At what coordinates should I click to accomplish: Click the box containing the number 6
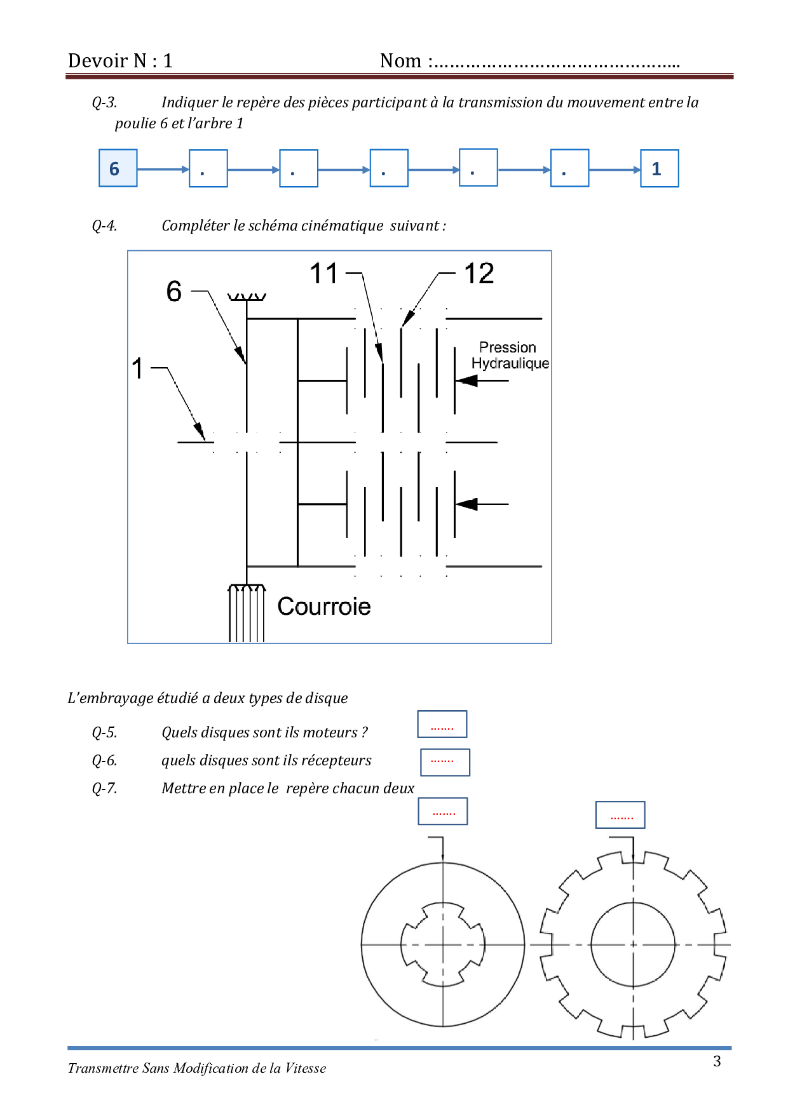click(118, 168)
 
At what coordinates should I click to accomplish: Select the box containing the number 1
click(659, 168)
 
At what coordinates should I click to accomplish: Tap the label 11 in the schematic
click(323, 274)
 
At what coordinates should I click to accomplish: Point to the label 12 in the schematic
click(479, 274)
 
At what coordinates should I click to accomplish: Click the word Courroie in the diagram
click(324, 607)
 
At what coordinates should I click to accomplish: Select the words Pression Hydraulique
click(510, 356)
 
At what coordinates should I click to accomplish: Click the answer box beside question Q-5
click(442, 724)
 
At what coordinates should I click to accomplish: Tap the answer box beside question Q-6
click(445, 762)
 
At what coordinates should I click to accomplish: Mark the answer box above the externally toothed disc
click(620, 815)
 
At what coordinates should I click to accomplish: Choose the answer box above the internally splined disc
click(442, 811)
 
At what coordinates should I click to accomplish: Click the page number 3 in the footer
click(717, 1061)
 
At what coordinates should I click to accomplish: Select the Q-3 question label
click(104, 102)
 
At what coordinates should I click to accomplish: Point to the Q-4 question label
click(104, 225)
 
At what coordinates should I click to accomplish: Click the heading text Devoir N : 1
click(120, 61)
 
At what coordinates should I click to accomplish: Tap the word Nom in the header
click(400, 61)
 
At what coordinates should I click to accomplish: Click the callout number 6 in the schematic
click(173, 292)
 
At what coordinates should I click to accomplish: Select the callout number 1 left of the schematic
click(137, 368)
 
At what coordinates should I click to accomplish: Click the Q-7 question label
click(104, 788)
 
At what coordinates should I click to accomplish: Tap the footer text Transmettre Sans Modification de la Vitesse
click(197, 1068)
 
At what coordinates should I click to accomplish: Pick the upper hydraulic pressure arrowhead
click(466, 380)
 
